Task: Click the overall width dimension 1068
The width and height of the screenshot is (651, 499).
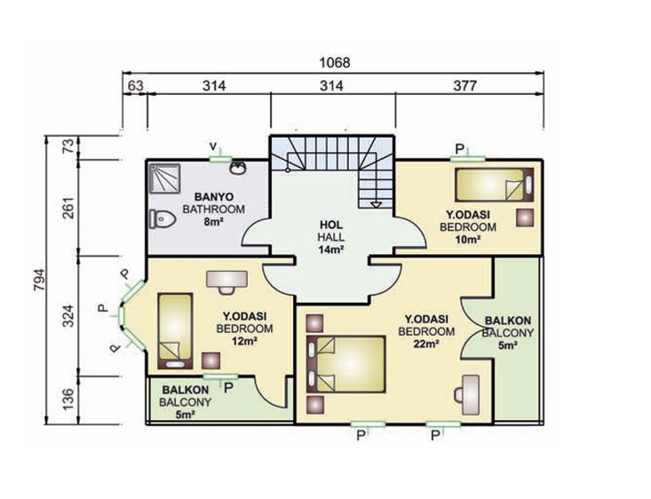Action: coord(334,63)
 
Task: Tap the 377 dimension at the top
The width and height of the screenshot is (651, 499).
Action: coord(465,85)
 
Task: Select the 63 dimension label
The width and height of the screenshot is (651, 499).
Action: coord(135,85)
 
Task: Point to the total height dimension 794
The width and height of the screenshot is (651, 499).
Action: coord(39,280)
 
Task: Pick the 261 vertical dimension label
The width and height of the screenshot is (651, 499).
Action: coord(69,207)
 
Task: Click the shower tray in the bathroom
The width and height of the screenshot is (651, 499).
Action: coord(165,178)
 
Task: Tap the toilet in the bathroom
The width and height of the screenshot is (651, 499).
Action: coord(163,218)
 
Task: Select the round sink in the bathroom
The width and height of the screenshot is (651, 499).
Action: coord(238,167)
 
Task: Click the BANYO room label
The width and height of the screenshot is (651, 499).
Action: coord(214,196)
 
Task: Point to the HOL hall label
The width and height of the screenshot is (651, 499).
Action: coord(331,225)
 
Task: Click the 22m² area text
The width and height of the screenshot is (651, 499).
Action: coord(426,344)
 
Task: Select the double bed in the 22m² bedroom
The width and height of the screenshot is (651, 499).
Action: coord(346,364)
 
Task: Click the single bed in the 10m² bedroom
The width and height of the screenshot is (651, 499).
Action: coord(494,185)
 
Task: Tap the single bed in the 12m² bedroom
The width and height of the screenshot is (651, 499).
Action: coord(175,331)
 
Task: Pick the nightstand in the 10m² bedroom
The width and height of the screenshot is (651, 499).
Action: coord(525,218)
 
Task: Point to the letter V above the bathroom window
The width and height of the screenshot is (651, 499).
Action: coord(213,147)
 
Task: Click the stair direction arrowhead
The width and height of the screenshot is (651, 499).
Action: coord(376,204)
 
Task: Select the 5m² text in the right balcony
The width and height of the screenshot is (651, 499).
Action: coord(508,345)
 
